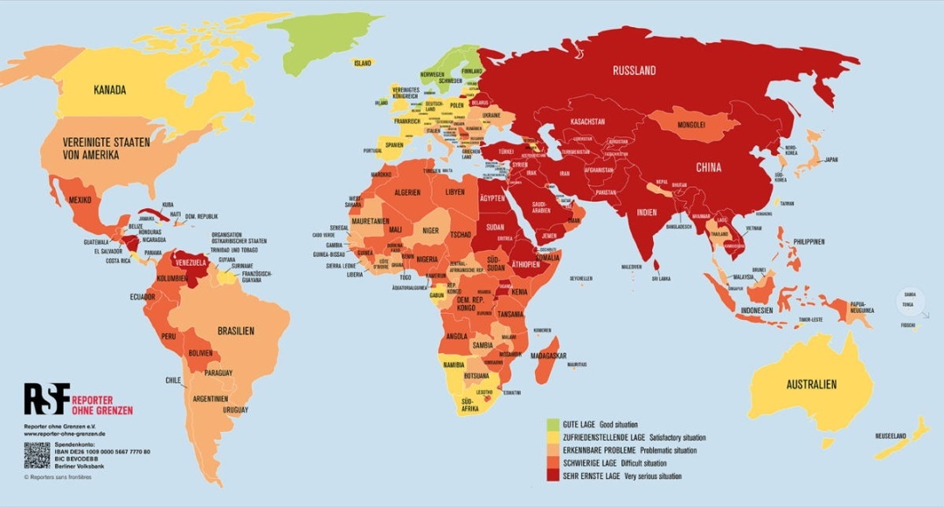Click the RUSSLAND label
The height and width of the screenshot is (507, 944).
click(634, 71)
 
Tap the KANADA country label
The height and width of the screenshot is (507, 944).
click(110, 90)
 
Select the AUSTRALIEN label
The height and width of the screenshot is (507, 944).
click(810, 385)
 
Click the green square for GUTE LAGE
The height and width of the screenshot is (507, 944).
click(552, 425)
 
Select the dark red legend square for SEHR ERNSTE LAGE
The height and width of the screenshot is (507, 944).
click(552, 476)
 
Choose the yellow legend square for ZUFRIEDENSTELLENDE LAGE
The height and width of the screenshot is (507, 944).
click(552, 437)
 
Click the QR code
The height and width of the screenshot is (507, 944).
click(37, 455)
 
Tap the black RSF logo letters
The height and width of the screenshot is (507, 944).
click(45, 399)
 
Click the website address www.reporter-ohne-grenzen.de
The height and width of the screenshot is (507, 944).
click(65, 434)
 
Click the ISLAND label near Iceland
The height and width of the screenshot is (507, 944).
click(362, 63)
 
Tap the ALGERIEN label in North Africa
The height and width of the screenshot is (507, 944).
click(407, 191)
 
